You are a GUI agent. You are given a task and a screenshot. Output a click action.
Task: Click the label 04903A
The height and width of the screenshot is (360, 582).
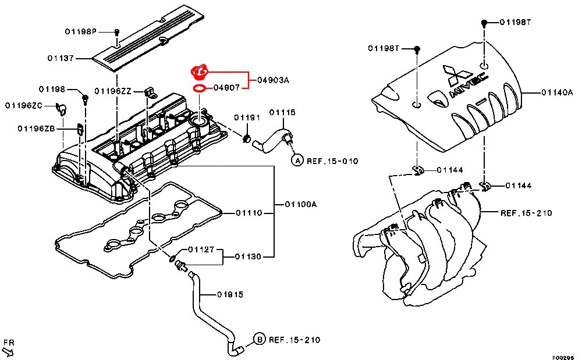[x=272, y=80]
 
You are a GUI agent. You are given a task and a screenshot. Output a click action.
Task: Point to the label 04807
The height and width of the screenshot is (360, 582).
[x=225, y=88]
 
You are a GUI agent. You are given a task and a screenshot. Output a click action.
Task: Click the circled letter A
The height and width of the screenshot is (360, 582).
[x=297, y=160]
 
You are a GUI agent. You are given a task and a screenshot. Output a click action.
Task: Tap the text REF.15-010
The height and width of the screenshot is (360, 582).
[x=333, y=161]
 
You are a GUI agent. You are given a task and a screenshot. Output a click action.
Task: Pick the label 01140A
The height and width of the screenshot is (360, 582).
[x=558, y=92]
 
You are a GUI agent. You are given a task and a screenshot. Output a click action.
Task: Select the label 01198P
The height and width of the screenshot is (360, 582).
[x=80, y=31]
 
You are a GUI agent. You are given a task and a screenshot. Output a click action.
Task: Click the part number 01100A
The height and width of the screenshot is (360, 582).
[x=300, y=204]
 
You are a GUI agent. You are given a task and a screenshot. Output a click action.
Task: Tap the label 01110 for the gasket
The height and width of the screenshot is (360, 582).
[x=249, y=213]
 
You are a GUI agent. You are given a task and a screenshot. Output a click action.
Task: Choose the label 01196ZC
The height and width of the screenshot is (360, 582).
[x=24, y=105]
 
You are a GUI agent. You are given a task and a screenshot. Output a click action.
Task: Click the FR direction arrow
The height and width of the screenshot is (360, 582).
[x=8, y=348]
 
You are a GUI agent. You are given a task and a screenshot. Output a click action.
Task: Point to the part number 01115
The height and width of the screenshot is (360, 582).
[x=282, y=112]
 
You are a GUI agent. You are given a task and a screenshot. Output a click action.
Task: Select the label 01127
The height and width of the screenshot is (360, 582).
[x=201, y=250]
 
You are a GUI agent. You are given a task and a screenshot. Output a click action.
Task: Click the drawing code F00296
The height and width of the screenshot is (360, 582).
[x=563, y=357]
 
